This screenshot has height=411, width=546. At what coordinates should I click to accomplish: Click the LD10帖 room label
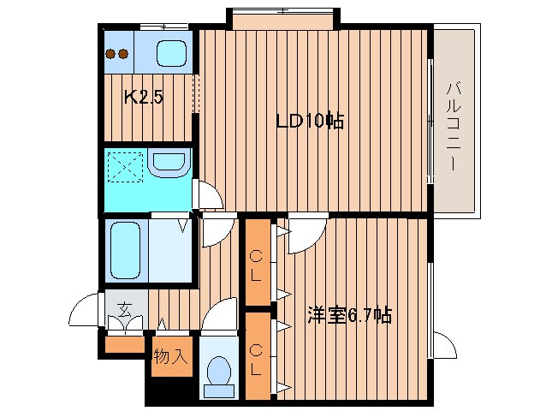[x=309, y=121]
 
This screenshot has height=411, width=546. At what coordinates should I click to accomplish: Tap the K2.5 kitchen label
[x=144, y=98]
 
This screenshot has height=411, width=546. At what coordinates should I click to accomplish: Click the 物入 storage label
[x=169, y=356]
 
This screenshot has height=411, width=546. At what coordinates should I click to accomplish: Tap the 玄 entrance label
[x=124, y=309]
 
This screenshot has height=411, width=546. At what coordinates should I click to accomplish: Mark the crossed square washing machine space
[x=124, y=166]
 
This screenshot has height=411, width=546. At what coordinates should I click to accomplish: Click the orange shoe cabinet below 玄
[x=124, y=345]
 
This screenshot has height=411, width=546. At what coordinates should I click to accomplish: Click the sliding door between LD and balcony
[x=429, y=120]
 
